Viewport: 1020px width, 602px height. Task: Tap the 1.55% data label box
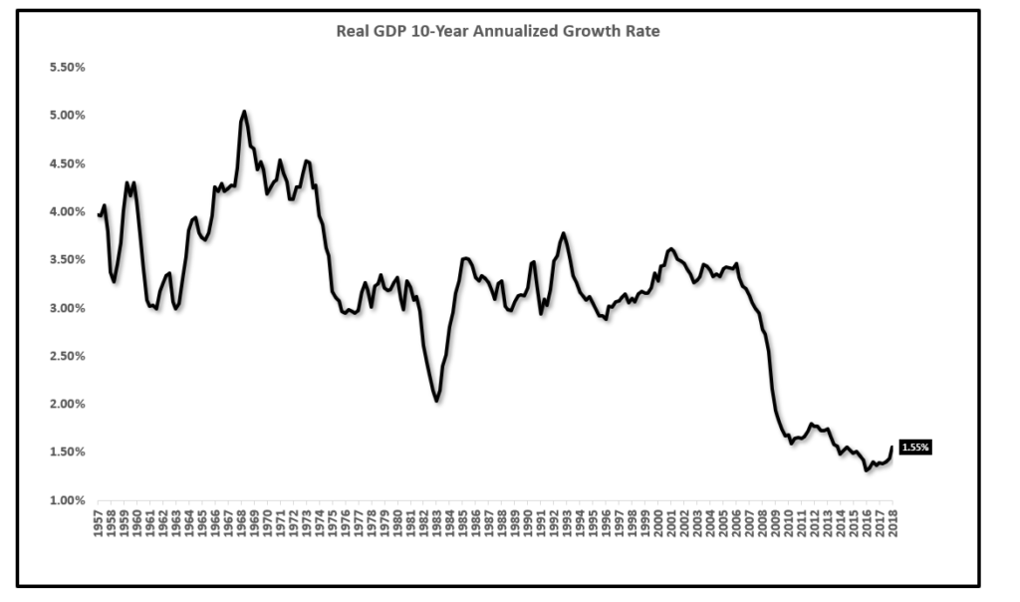click(x=914, y=448)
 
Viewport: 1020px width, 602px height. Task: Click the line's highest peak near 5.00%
click(x=244, y=112)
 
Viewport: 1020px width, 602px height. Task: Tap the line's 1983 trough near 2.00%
click(x=436, y=401)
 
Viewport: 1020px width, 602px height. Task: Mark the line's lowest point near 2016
click(x=867, y=469)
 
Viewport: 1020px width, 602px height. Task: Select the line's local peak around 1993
click(x=564, y=233)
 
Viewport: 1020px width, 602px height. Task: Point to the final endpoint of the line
click(x=892, y=448)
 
